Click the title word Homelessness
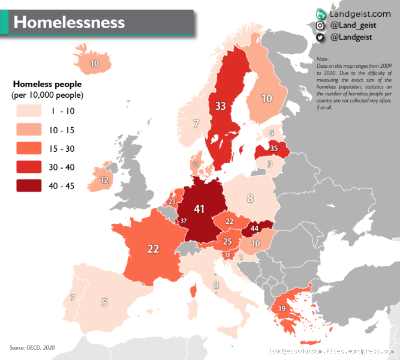(x=69, y=22)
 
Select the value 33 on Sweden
(x=221, y=106)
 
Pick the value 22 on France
(x=154, y=248)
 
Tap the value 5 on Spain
(x=104, y=302)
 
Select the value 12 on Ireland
(x=104, y=180)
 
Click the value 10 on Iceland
(x=95, y=63)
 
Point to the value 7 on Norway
(x=196, y=124)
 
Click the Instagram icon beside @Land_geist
(x=321, y=25)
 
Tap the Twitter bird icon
(x=321, y=37)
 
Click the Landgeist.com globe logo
(x=321, y=13)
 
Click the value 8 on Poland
(x=250, y=197)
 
